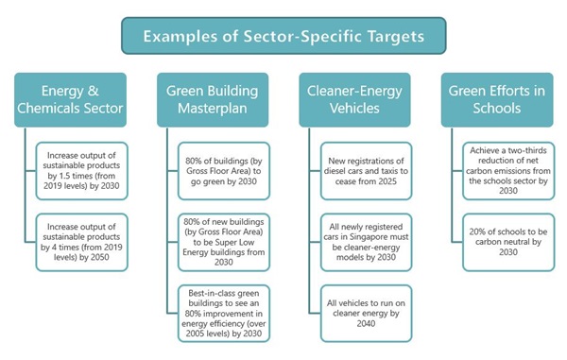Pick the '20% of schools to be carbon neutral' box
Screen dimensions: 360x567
[x=511, y=237]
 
